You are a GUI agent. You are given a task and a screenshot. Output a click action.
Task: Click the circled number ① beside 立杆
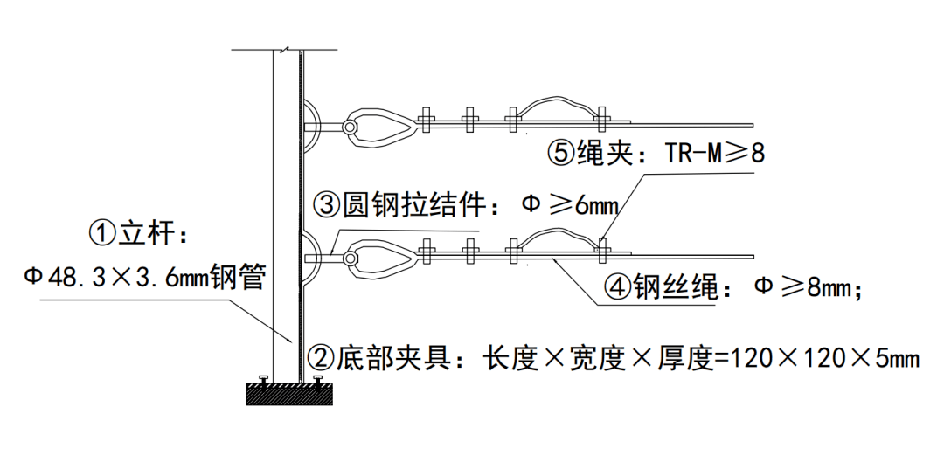tap(101, 233)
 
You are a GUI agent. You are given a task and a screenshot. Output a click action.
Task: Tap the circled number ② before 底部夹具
tap(321, 357)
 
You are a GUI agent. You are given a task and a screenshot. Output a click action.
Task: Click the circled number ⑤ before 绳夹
tap(560, 154)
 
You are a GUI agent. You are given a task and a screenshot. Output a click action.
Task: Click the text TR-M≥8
tap(715, 154)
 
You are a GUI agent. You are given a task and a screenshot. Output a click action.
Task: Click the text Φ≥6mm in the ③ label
tap(570, 206)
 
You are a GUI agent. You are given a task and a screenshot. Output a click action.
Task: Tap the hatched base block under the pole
tap(288, 394)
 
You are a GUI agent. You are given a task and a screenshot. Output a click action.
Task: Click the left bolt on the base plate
tap(263, 379)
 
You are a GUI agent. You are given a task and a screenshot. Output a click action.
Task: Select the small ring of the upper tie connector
tap(349, 128)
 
